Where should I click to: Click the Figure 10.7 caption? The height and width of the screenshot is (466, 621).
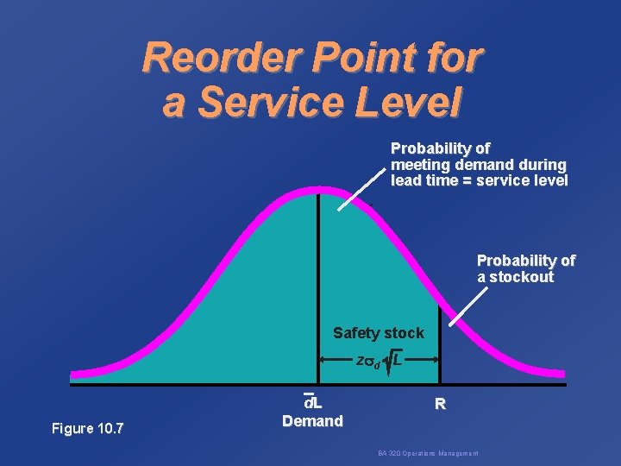point(87,427)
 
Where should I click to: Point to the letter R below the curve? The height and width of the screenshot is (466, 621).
point(440,404)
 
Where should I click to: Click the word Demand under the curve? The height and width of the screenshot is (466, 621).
point(312,421)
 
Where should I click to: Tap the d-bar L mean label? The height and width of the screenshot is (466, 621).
point(312,402)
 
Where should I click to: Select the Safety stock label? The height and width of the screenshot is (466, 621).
point(379,333)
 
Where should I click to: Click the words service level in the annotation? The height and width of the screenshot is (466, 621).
point(524,181)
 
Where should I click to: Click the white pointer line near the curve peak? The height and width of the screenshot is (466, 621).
point(361,189)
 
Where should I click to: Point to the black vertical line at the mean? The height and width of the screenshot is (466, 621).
point(318,276)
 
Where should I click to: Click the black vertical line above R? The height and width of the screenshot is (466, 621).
point(440,345)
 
